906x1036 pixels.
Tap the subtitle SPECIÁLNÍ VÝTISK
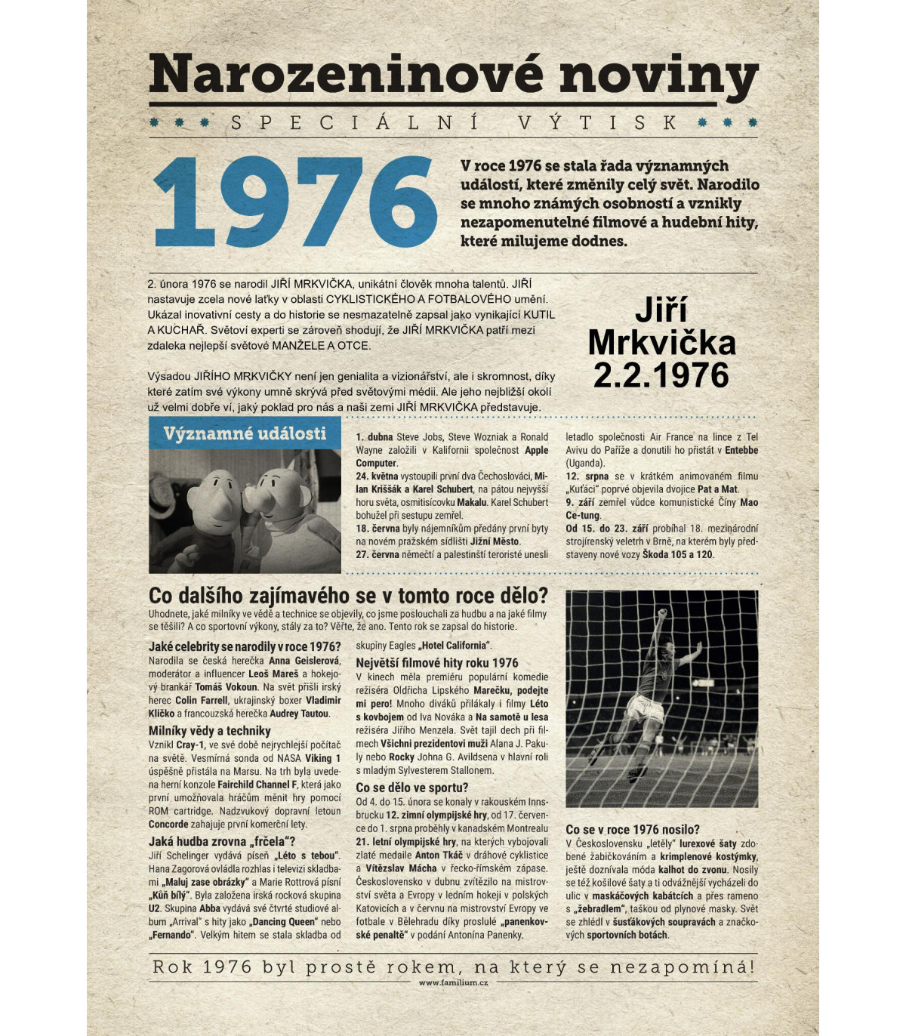point(454,122)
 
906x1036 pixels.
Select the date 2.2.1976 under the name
point(661,375)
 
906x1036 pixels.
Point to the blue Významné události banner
point(245,433)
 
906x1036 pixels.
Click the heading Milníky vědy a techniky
point(209,731)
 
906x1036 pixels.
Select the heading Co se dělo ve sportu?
point(411,788)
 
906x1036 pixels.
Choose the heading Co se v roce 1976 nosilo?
point(633,829)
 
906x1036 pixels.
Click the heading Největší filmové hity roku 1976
point(437,663)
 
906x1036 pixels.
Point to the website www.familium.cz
point(453,982)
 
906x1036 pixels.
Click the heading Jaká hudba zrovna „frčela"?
point(222,841)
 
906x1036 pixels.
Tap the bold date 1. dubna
point(374,437)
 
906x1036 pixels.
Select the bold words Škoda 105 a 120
point(677,554)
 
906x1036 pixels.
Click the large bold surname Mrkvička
point(661,343)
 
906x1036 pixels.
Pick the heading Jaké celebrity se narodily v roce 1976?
point(245,646)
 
